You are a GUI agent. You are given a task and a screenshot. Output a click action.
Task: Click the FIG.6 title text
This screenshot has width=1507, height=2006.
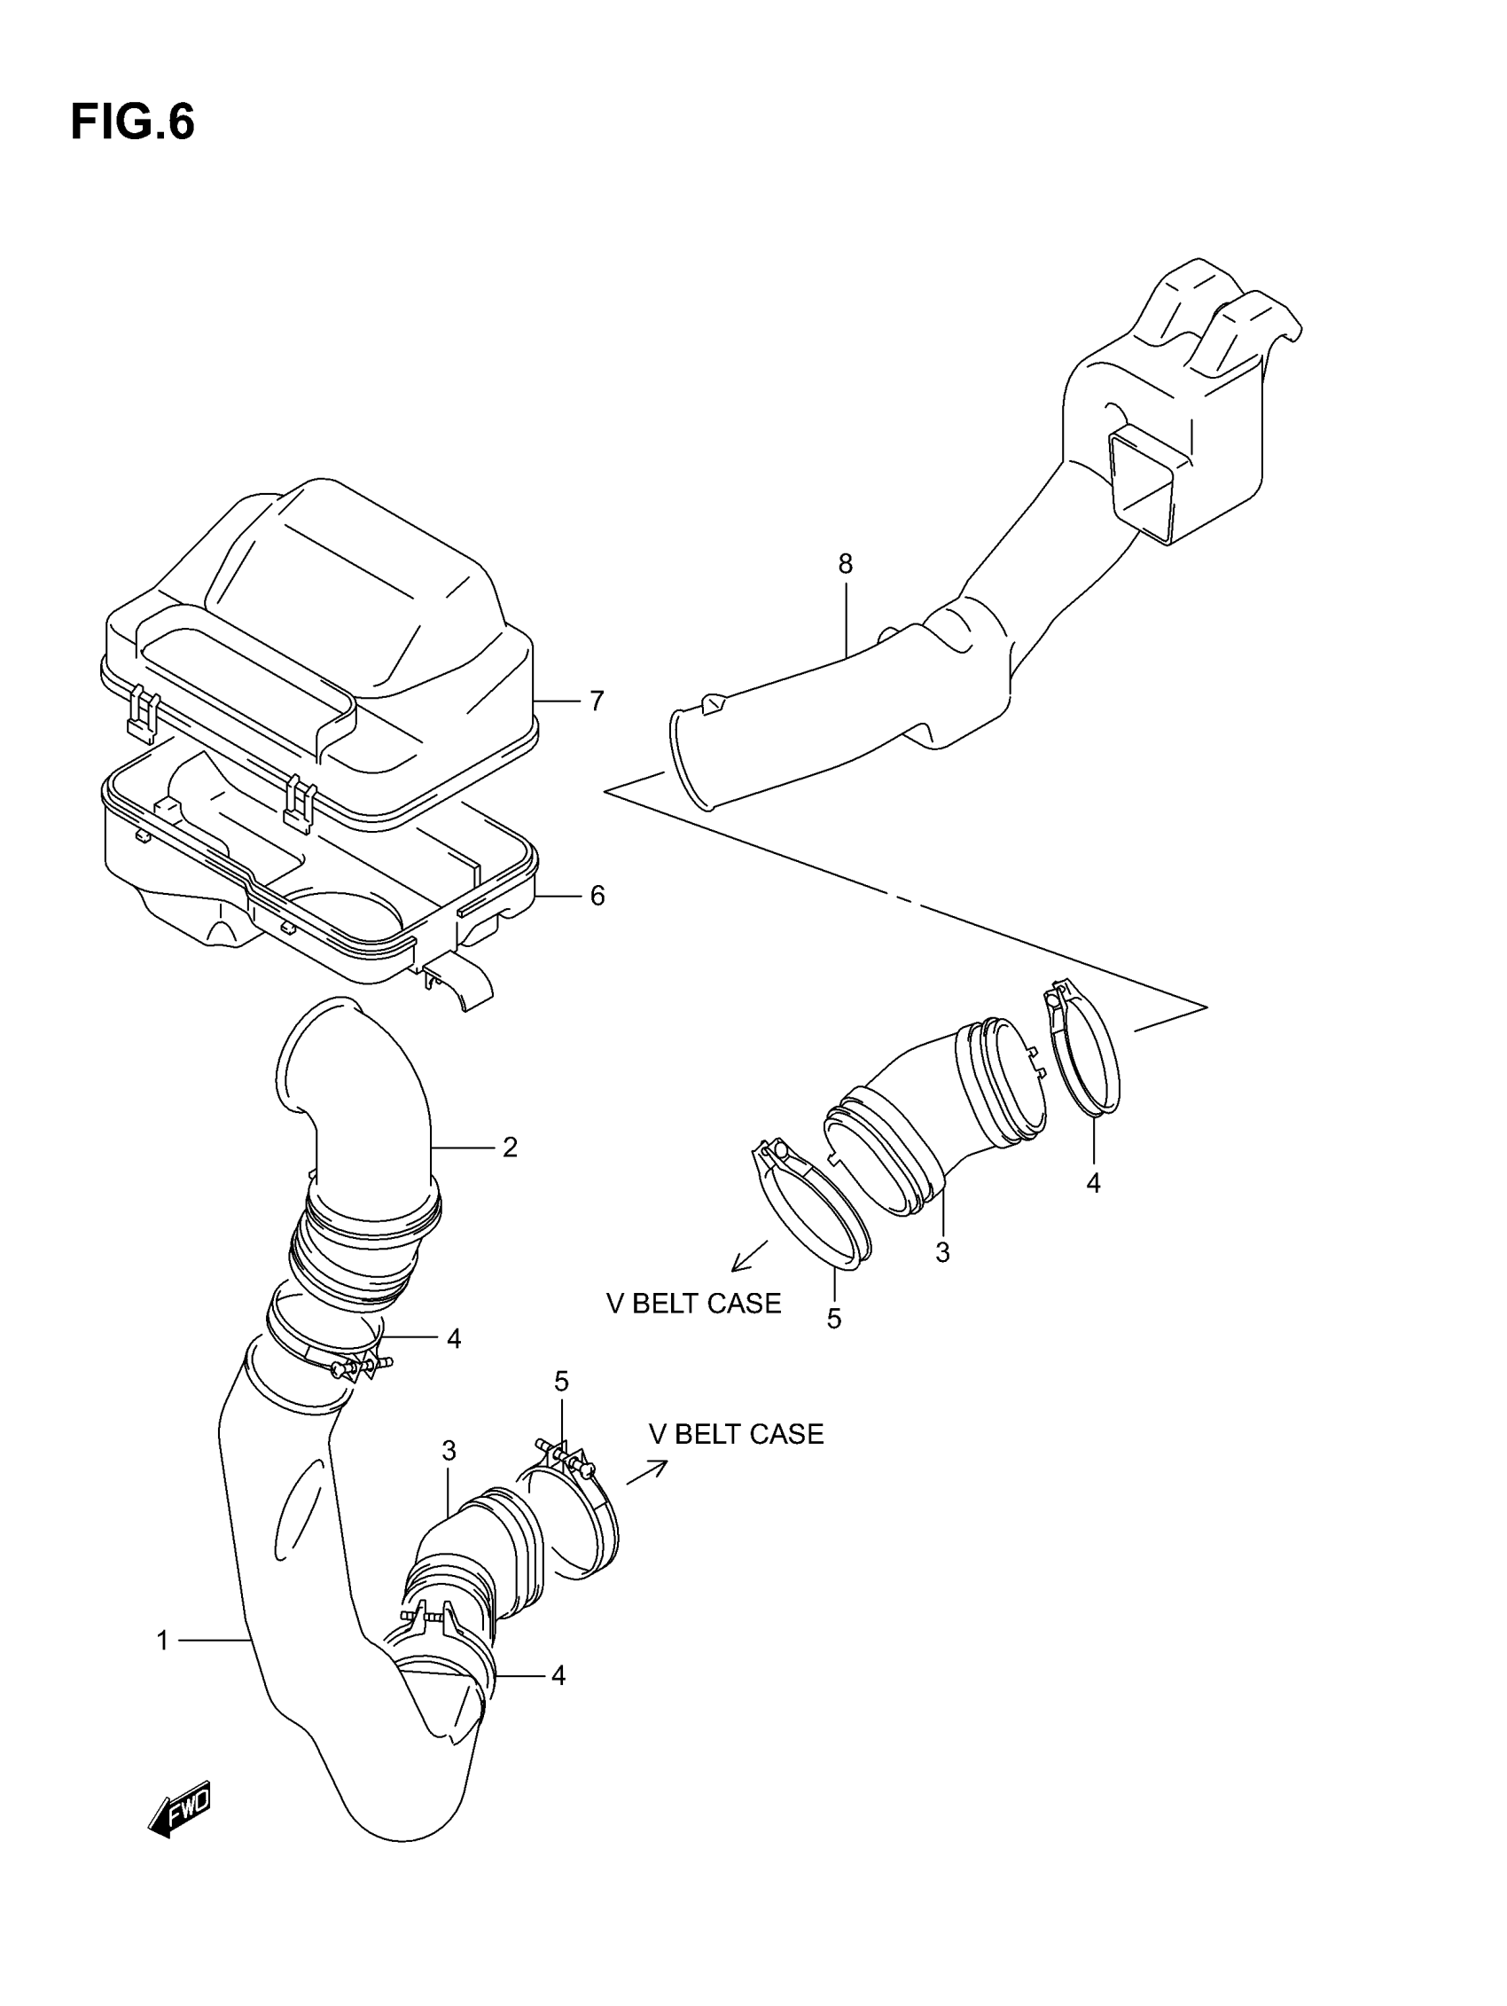point(132,122)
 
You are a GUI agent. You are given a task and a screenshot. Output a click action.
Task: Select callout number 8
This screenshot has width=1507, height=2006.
point(845,564)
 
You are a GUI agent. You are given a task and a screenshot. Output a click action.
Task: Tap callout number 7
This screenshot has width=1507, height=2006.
point(597,701)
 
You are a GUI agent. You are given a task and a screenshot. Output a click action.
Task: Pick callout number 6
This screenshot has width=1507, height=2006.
point(597,896)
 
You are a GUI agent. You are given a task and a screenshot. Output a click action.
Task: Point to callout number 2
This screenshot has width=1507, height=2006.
point(510,1148)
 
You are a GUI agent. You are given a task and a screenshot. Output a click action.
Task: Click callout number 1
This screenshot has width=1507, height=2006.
point(162,1641)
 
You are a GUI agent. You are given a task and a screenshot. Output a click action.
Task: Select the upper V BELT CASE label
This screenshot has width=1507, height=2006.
point(693,1303)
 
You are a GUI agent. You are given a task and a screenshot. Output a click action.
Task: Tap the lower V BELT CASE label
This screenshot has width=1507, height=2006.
point(737,1434)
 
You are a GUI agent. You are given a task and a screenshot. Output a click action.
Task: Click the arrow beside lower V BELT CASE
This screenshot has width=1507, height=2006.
point(646,1472)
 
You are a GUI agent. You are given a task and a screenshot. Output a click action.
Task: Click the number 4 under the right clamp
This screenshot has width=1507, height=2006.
point(1094,1182)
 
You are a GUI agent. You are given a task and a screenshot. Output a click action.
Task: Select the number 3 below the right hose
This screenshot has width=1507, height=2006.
point(943,1252)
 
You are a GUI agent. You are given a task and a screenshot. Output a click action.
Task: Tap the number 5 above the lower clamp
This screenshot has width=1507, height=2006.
point(561,1381)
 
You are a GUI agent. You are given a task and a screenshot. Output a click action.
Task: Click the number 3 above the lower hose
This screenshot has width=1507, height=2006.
point(449,1451)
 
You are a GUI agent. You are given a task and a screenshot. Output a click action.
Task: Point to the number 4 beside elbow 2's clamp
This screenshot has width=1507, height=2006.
point(454,1338)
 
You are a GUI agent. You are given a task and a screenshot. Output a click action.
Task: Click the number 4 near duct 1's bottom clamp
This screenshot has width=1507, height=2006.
point(558,1676)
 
